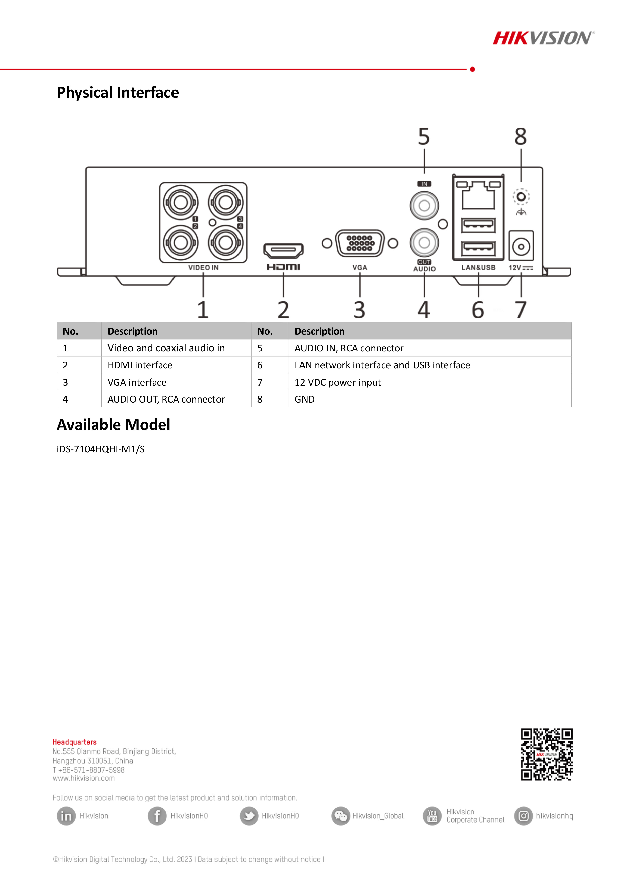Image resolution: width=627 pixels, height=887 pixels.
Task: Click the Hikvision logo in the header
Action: tap(544, 38)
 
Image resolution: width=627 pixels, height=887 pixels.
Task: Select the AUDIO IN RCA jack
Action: tap(424, 206)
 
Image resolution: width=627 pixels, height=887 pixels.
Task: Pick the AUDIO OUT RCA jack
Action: tap(424, 243)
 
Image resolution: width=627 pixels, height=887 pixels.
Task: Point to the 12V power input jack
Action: tap(521, 246)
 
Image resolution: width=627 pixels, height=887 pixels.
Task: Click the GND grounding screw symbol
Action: tap(521, 197)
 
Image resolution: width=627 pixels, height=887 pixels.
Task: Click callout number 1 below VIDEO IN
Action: tap(203, 310)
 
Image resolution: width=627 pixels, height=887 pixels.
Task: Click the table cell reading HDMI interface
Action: tap(140, 365)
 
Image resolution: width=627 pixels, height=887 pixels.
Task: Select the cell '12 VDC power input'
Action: tap(338, 382)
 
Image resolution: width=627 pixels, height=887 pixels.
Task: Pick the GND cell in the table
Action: tap(305, 399)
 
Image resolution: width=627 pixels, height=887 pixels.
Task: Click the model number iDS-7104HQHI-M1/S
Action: tap(101, 449)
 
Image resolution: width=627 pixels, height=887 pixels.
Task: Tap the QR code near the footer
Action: tap(546, 754)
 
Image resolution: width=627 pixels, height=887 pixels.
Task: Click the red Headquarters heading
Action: tap(75, 742)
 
